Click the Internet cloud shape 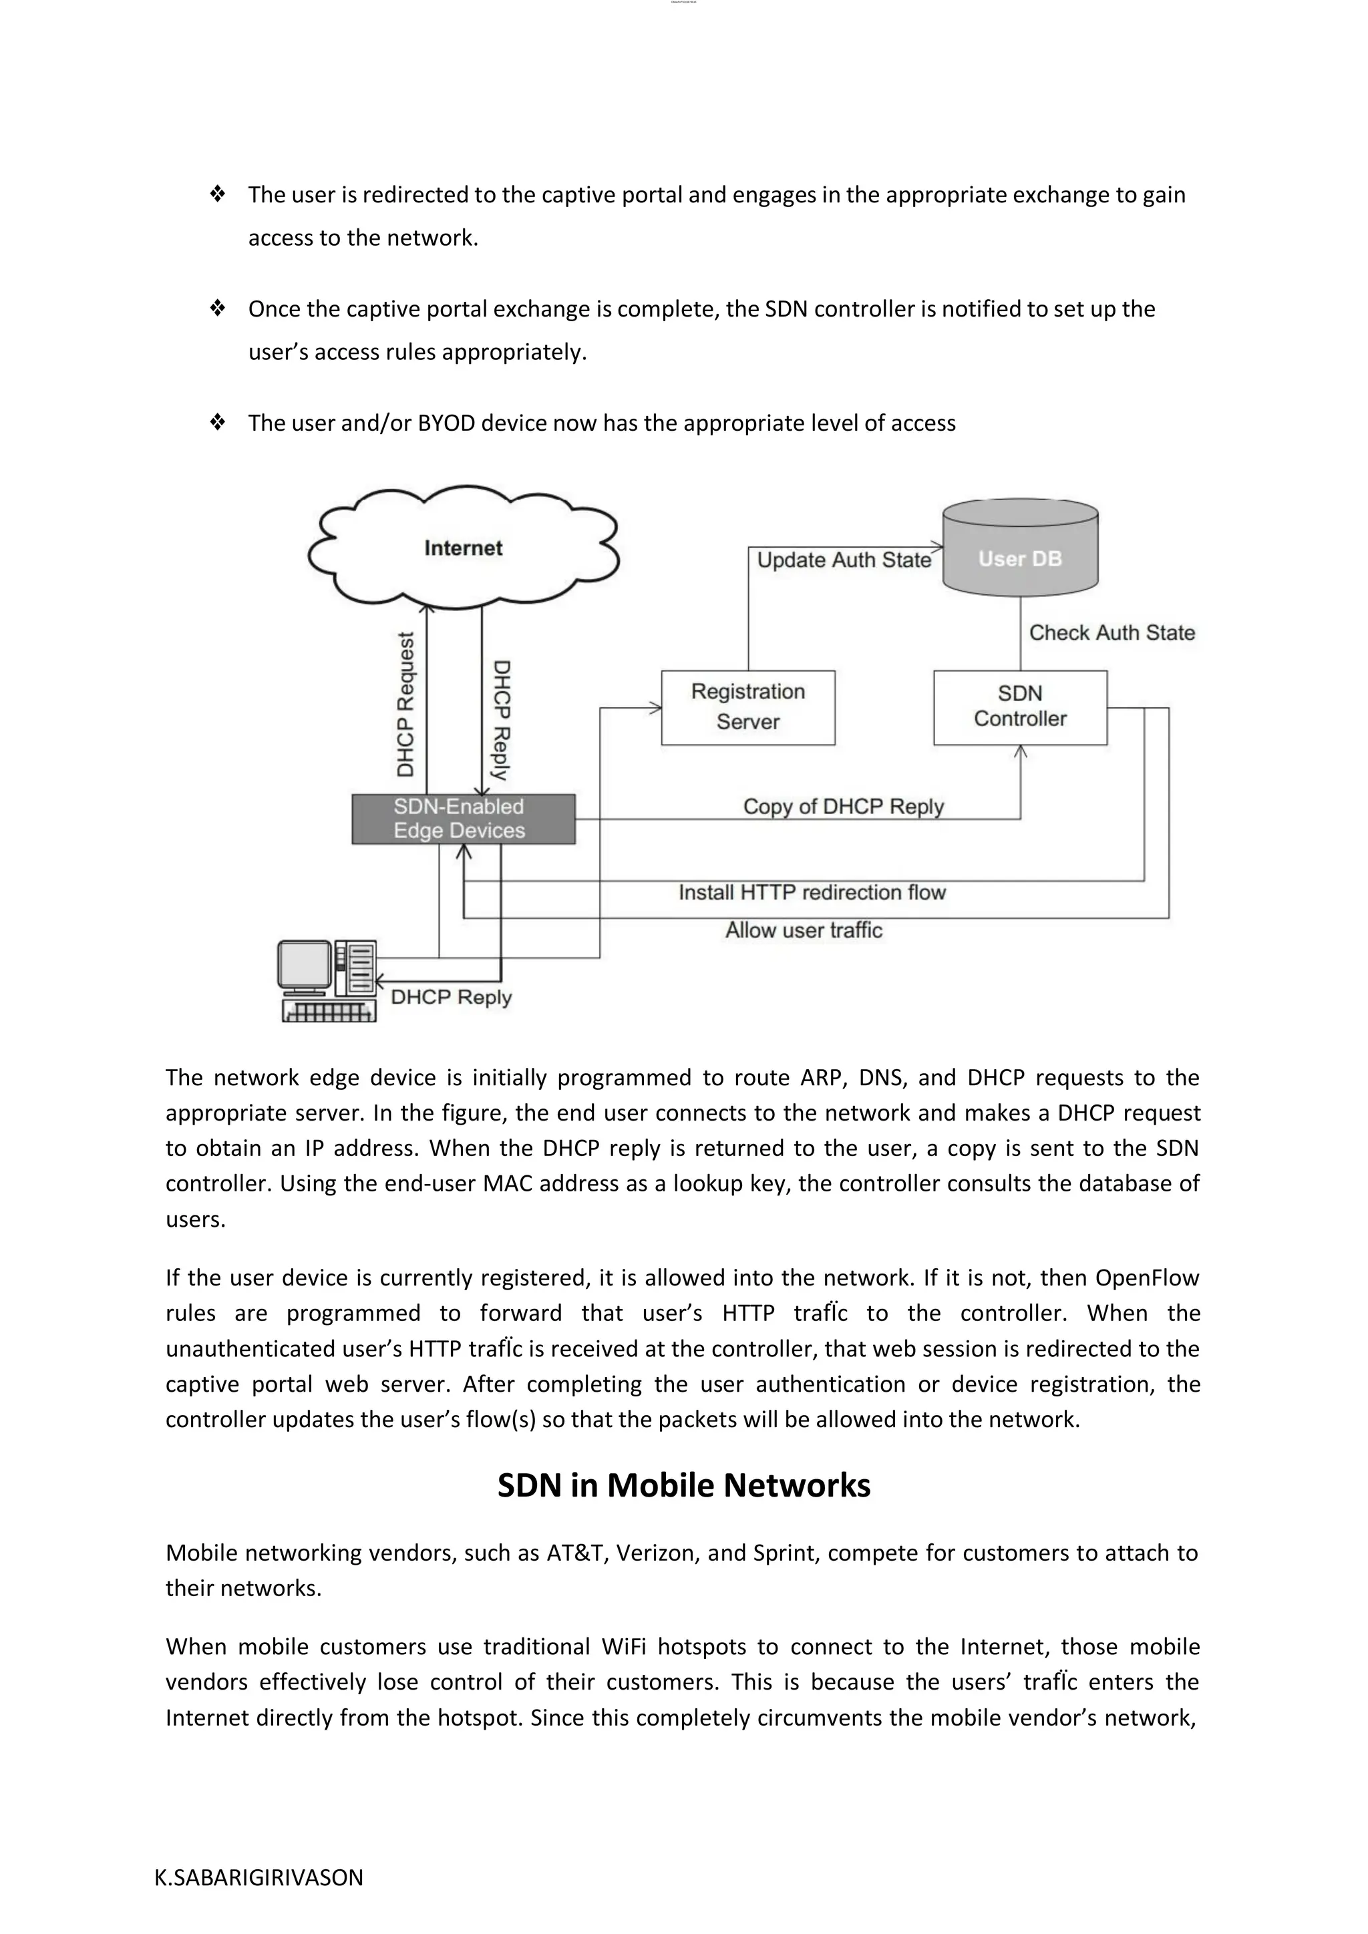464,548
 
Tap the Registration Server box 748,708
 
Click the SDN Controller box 1020,708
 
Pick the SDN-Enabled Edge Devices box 464,819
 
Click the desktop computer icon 327,980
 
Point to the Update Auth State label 844,560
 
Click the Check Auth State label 1112,632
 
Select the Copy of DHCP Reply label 843,806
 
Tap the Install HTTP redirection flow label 812,892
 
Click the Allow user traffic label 804,930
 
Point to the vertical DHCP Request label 406,704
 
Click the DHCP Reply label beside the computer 452,997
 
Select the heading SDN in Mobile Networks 683,1485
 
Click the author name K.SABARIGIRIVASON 259,1877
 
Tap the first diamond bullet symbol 217,194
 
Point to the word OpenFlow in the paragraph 1146,1278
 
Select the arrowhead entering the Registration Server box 656,709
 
